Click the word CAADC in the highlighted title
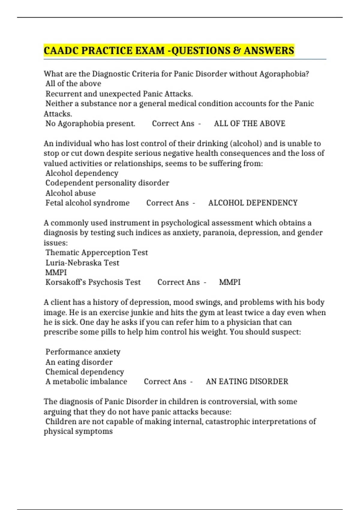[x=61, y=50]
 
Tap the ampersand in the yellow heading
[x=237, y=50]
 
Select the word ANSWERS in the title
[x=269, y=50]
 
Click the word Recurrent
[x=63, y=94]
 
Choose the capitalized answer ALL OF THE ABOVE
[x=250, y=124]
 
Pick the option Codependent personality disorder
[x=107, y=183]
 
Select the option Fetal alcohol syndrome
[x=87, y=203]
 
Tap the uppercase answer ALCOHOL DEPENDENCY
[x=253, y=203]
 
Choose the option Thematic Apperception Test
[x=97, y=253]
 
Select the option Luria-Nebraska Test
[x=82, y=263]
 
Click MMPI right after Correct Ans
[x=230, y=282]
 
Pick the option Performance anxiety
[x=83, y=352]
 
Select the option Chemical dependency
[x=85, y=372]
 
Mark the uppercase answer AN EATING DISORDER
[x=247, y=382]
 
